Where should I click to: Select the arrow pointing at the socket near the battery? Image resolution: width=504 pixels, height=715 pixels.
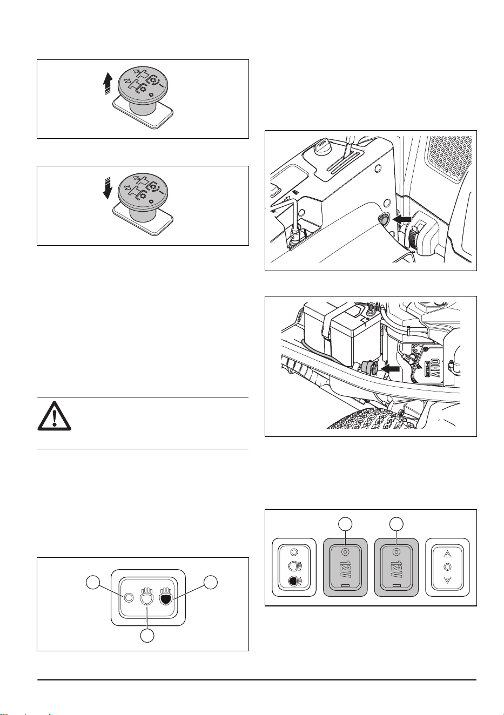(x=391, y=369)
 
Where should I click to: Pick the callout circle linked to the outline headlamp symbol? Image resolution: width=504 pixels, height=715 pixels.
(x=147, y=636)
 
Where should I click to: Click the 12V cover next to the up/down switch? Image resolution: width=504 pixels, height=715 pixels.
(x=396, y=567)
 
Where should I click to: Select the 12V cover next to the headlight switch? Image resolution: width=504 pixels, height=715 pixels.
(x=345, y=567)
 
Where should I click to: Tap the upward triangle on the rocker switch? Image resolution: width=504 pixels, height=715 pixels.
(x=447, y=555)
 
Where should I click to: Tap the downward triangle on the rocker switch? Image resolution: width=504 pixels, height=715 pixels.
(x=447, y=580)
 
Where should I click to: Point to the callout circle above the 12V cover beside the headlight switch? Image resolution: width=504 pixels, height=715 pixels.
(x=345, y=524)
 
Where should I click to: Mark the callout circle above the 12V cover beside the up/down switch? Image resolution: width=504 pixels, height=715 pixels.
(x=396, y=524)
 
